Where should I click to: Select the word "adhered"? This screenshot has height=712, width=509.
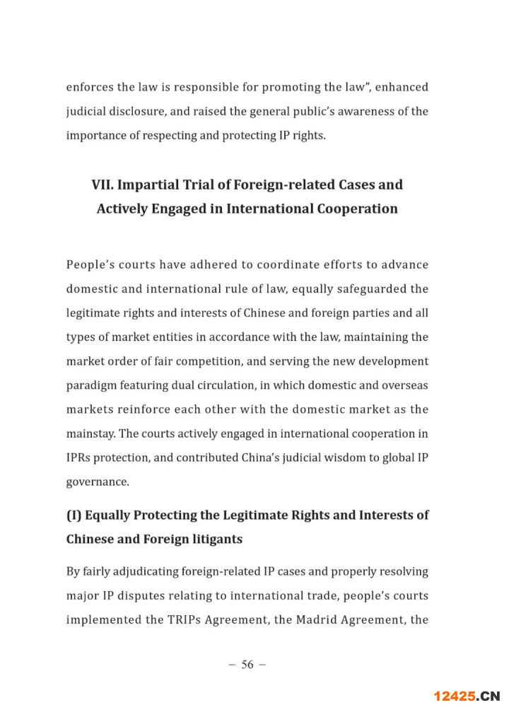point(220,265)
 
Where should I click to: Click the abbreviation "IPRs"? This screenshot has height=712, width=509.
point(79,457)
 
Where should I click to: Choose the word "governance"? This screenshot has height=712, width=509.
point(98,482)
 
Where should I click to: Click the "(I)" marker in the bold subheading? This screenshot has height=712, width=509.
point(74,515)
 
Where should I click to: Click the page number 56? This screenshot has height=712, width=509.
point(247,664)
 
